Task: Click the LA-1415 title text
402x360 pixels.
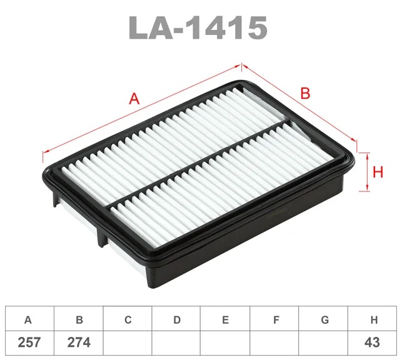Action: click(198, 27)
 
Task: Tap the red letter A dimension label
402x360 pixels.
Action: click(134, 99)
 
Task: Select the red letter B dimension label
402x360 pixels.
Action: click(305, 93)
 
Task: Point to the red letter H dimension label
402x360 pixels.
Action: click(378, 172)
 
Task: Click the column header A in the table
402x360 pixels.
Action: click(28, 320)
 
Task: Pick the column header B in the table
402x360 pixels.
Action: click(79, 320)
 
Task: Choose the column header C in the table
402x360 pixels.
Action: click(128, 320)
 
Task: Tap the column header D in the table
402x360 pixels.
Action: click(177, 320)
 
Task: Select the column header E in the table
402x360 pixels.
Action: click(225, 320)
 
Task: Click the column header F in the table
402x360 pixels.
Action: click(276, 320)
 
